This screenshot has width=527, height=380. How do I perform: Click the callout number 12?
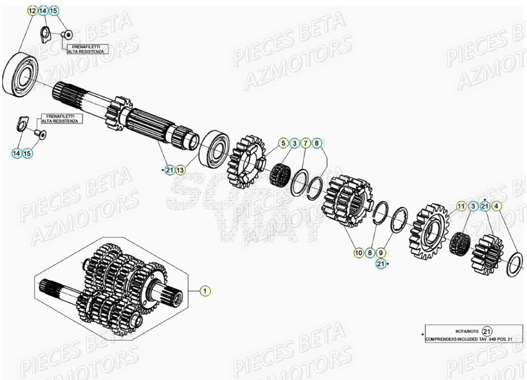[x=32, y=11]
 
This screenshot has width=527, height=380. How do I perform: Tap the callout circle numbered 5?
[x=283, y=144]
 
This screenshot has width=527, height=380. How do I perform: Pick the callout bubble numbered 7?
[x=305, y=144]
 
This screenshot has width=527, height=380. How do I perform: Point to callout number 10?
[x=359, y=253]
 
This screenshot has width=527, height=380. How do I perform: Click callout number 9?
[x=381, y=253]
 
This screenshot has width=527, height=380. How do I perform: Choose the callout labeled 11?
[x=461, y=207]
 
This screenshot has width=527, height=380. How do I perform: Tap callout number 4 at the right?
[x=497, y=207]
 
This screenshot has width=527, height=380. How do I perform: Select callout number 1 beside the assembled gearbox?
[x=205, y=290]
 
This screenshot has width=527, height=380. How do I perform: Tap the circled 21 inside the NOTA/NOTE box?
[x=487, y=331]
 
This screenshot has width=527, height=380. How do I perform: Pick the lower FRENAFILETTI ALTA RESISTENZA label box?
[x=61, y=119]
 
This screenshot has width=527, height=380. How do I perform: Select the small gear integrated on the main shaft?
[x=119, y=113]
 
